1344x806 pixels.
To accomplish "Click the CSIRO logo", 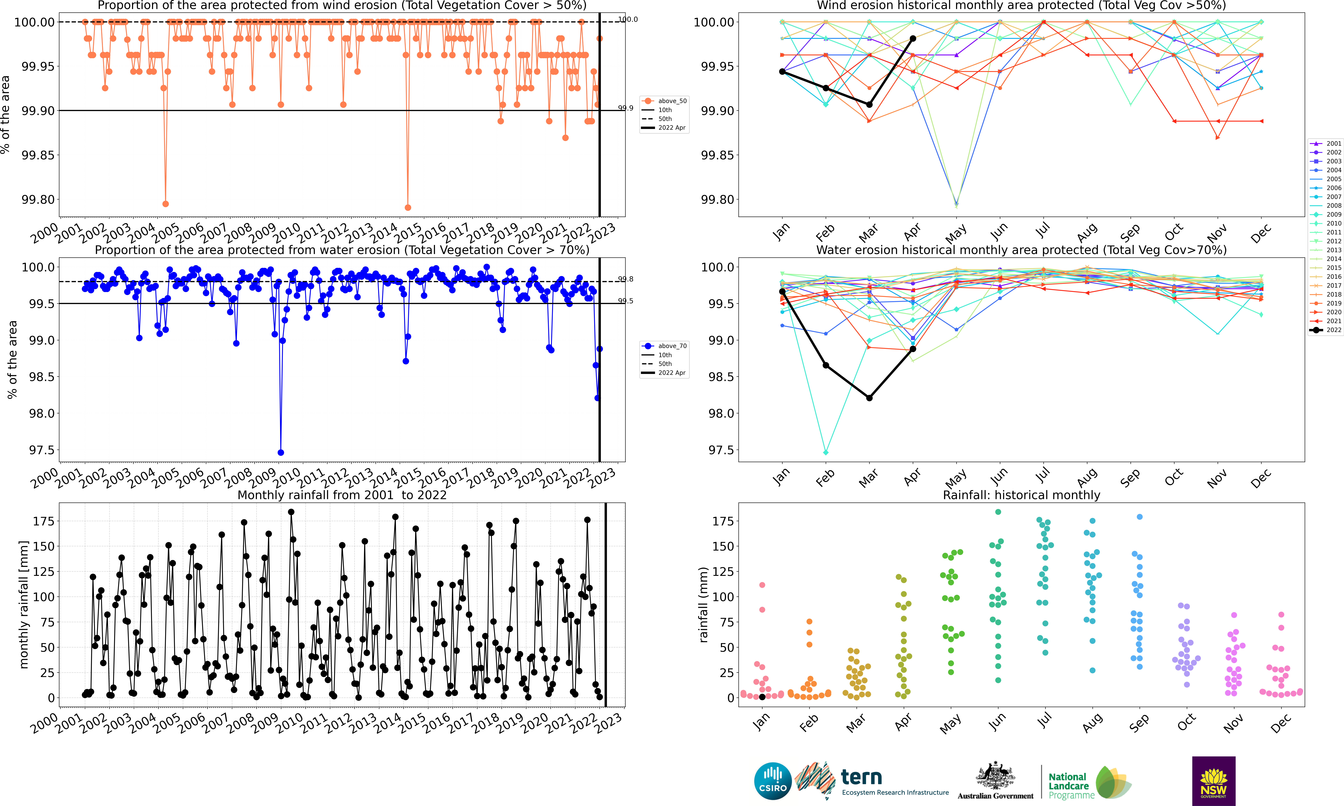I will coord(772,781).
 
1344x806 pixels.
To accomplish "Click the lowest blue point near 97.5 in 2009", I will coord(280,452).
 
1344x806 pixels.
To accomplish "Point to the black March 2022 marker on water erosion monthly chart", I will coord(869,398).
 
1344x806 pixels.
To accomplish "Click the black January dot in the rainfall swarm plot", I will coord(762,697).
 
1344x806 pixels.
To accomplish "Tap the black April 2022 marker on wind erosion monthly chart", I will coord(913,39).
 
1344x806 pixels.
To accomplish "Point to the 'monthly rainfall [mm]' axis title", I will coord(23,605).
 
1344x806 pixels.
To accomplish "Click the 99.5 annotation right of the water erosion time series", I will coord(625,301).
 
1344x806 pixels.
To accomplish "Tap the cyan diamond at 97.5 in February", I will coord(826,452).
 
